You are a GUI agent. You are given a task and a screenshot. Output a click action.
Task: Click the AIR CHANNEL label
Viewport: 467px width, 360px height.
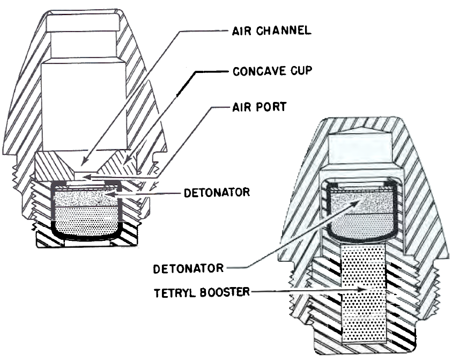272,31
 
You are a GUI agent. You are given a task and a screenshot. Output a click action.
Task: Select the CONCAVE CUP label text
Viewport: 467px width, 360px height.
272,71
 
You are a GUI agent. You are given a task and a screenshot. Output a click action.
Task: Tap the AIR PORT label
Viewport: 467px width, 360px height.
260,107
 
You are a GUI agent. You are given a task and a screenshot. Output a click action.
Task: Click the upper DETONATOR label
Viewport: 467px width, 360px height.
217,193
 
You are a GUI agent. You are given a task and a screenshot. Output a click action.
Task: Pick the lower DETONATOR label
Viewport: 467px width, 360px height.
188,269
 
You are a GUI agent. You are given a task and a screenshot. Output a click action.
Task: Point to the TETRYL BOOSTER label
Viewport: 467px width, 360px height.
202,292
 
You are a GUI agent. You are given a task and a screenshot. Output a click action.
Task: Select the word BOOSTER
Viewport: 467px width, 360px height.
225,292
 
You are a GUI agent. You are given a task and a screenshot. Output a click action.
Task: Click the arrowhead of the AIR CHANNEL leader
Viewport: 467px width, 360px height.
84,162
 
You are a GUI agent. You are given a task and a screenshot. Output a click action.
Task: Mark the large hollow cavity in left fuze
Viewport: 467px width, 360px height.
84,104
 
